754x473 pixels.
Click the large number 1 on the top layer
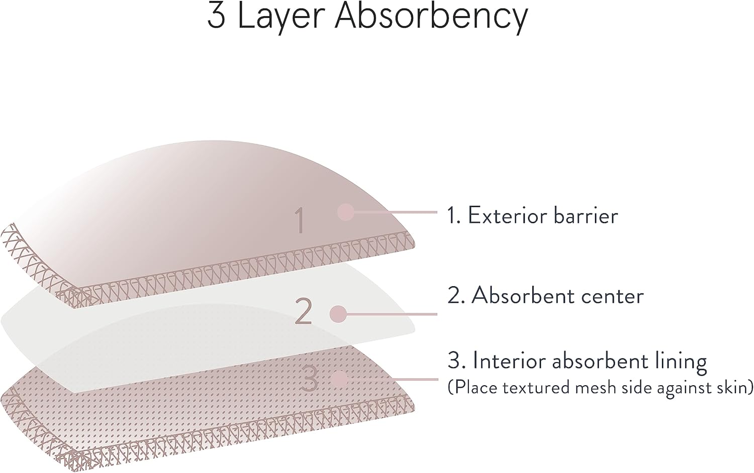pos(300,220)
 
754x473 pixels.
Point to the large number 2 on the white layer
pos(303,311)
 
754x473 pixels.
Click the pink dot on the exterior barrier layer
pos(346,212)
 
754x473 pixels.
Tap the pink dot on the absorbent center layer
pos(338,314)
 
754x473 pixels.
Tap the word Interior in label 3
pos(510,361)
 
